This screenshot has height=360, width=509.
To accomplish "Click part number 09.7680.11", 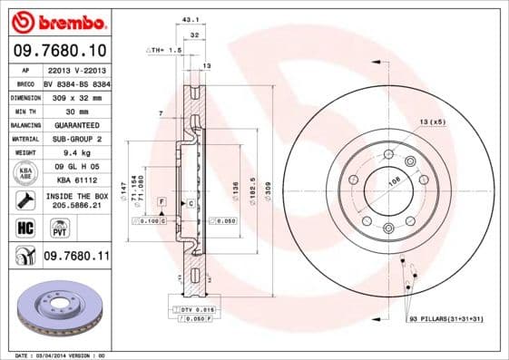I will click(75, 258).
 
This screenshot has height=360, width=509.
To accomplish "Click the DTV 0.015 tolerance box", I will click(192, 309).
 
